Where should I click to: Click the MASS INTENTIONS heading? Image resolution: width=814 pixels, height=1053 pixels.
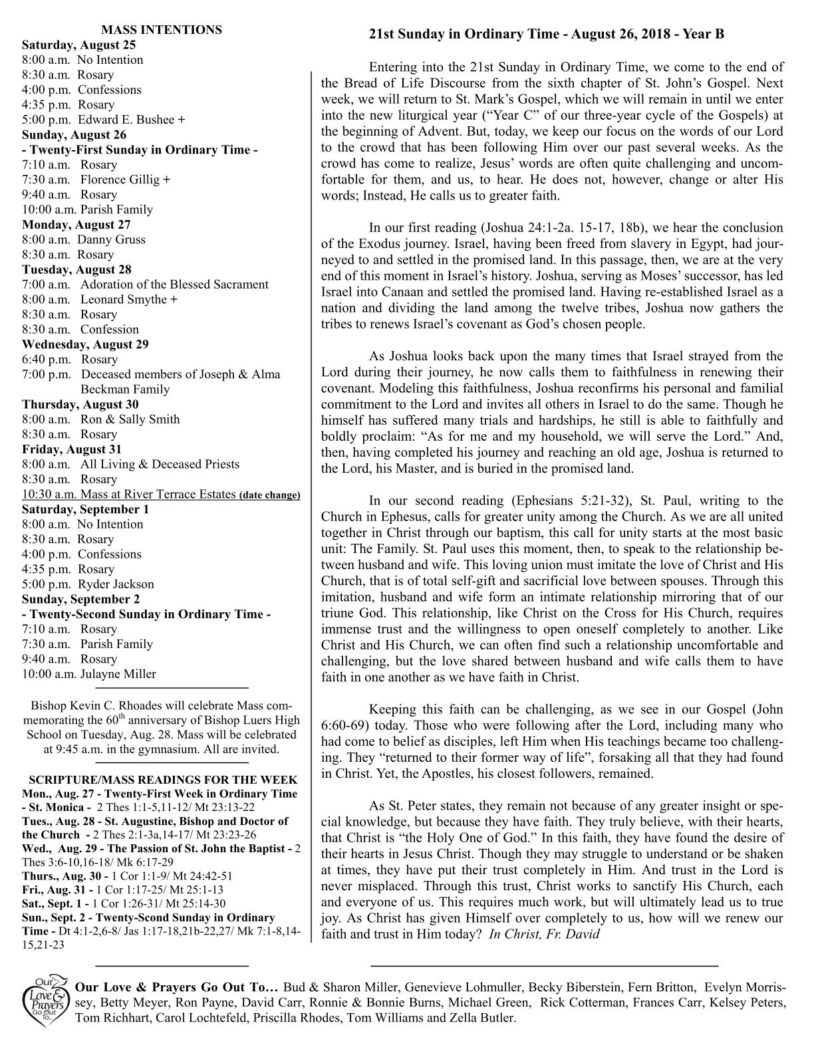tap(161, 30)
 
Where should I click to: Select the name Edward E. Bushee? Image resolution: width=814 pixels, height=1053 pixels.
tap(127, 120)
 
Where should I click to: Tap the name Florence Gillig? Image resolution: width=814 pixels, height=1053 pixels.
tap(121, 179)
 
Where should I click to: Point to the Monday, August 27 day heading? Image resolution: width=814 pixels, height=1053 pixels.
tap(76, 225)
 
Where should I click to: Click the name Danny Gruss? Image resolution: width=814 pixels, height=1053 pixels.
tap(111, 239)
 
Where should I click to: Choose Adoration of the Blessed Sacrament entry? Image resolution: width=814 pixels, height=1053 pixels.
tap(174, 285)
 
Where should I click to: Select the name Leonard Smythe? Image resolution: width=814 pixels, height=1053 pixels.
tap(124, 299)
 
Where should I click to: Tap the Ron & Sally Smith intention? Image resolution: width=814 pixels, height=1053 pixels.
tap(130, 419)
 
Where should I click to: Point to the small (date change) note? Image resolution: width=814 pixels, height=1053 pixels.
tap(269, 495)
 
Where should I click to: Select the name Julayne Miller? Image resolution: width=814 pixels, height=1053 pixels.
tap(118, 674)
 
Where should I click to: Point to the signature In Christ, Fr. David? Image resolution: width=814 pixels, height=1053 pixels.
tap(544, 934)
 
